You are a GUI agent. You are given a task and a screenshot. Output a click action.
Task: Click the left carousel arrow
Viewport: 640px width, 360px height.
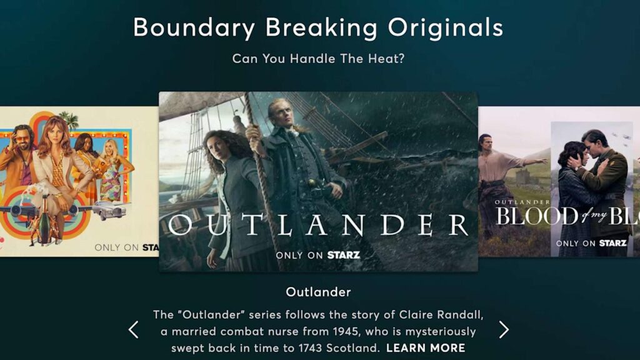coord(133,330)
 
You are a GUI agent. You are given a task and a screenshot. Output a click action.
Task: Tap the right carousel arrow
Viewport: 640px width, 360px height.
coord(504,330)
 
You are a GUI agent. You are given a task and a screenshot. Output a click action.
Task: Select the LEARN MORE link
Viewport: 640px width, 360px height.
coord(426,348)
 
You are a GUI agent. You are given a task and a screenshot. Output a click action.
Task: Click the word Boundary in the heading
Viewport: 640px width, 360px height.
coord(194,28)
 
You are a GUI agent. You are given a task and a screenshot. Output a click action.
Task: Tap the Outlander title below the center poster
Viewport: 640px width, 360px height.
coord(318,292)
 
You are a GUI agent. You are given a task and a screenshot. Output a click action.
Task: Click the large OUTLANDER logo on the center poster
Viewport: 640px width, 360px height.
coord(318,224)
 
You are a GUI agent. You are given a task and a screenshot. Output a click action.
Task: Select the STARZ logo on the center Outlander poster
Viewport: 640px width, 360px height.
coord(343,255)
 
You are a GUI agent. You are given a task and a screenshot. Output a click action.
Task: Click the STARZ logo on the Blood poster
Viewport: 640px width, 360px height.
coord(612,243)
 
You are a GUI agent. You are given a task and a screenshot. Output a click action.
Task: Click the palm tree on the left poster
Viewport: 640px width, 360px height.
coord(69,119)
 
